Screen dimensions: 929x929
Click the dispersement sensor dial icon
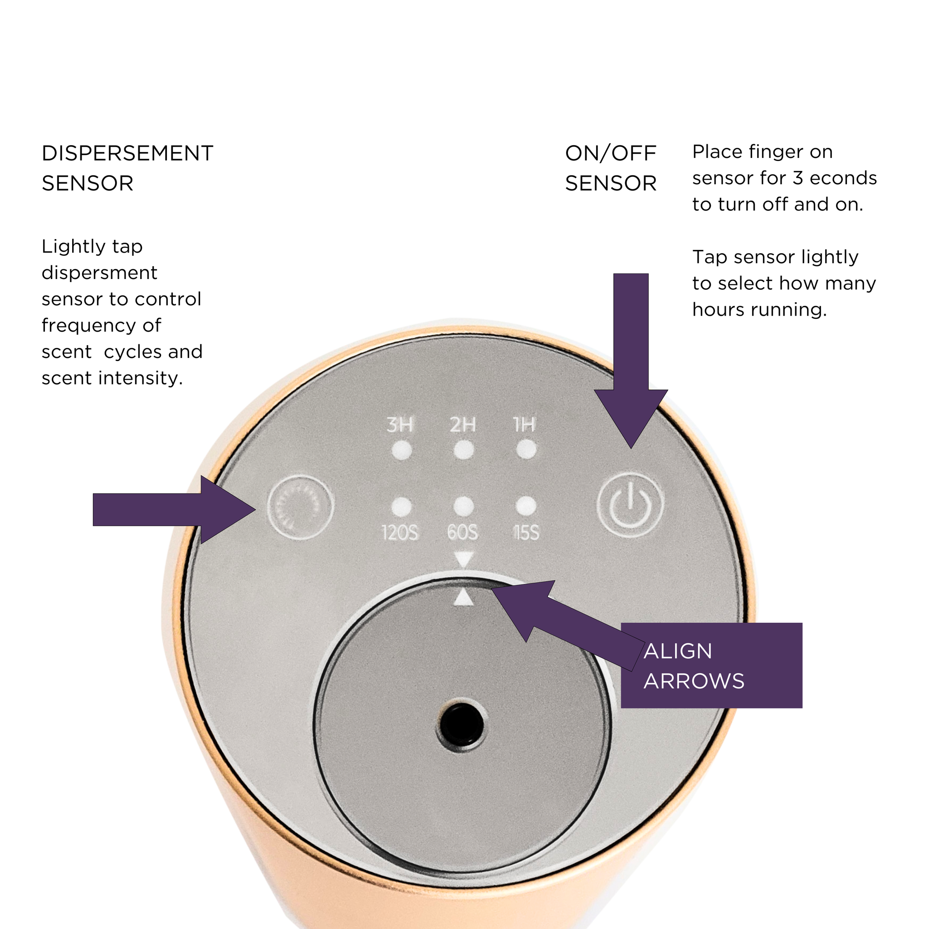coord(301,507)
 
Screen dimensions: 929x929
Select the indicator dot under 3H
coord(401,450)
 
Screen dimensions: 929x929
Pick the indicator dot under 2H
coord(464,450)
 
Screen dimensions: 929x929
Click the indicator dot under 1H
coord(526,450)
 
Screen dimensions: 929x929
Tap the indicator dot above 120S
coord(401,506)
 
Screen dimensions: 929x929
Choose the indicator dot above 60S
coord(464,505)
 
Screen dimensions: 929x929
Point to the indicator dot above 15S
coord(526,505)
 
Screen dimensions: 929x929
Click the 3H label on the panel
coord(400,425)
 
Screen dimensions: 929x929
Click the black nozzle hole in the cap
coord(461,726)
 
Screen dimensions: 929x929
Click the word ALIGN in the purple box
coord(678,651)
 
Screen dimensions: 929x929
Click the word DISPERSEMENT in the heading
coord(127,153)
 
